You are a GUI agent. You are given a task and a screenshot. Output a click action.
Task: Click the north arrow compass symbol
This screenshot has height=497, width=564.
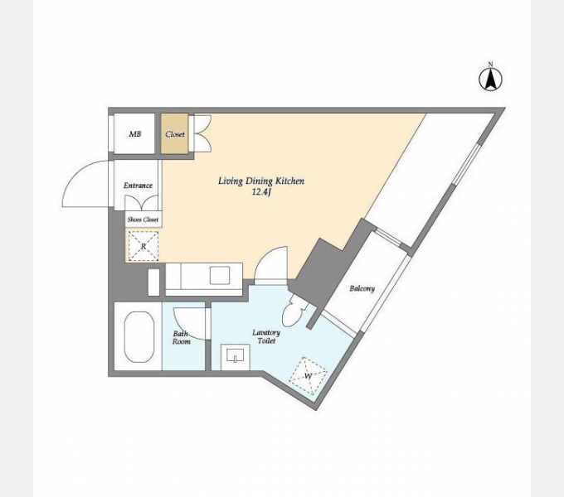(x=491, y=79)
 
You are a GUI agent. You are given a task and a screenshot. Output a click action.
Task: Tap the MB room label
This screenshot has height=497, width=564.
(x=135, y=134)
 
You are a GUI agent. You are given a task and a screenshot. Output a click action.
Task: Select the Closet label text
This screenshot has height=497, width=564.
(x=175, y=134)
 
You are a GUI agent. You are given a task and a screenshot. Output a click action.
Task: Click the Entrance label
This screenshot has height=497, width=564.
(x=138, y=186)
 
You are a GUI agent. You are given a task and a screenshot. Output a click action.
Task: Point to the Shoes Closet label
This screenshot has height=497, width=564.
(x=143, y=220)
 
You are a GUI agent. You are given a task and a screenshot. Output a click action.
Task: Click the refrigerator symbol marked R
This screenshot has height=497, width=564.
(x=143, y=246)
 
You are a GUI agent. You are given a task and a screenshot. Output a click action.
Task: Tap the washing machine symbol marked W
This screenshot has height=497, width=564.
(x=309, y=376)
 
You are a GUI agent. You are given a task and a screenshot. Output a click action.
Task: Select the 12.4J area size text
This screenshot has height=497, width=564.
(x=261, y=192)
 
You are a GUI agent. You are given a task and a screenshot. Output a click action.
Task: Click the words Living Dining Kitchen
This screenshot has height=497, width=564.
(x=261, y=181)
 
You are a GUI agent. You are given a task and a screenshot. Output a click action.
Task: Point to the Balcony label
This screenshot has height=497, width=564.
(x=362, y=288)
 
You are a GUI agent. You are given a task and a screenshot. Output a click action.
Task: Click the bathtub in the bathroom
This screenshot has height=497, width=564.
(x=139, y=337)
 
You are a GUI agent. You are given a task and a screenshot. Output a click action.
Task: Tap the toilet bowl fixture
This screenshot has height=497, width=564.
(x=293, y=311)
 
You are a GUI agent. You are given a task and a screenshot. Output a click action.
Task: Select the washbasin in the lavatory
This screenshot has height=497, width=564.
(x=236, y=356)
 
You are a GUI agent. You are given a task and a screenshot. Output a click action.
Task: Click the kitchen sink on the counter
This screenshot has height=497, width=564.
(x=220, y=276)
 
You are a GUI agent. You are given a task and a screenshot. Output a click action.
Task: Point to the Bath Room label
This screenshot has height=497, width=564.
(x=181, y=338)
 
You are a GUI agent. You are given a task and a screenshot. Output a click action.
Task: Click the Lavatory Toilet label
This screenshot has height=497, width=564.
(x=266, y=336)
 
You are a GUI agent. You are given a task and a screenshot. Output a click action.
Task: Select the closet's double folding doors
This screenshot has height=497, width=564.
(x=202, y=133)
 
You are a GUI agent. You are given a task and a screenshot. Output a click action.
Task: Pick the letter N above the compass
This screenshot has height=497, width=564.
(x=490, y=65)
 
